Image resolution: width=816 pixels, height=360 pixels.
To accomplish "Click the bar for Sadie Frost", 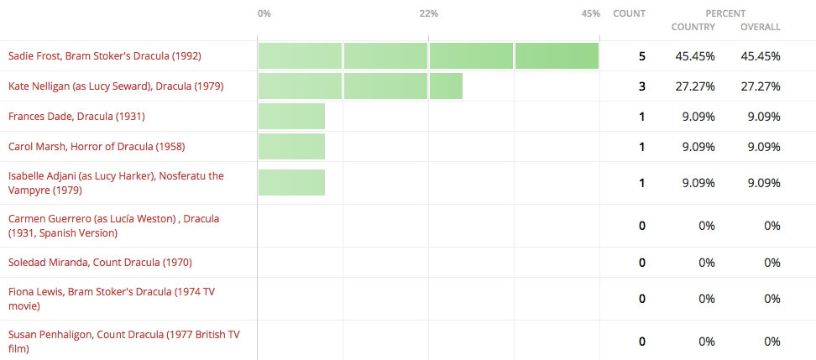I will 428,56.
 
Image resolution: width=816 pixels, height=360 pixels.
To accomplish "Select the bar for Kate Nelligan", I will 360,86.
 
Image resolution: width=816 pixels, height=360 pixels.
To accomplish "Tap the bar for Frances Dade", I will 291,117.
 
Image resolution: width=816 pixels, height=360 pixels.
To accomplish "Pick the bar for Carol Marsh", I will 291,147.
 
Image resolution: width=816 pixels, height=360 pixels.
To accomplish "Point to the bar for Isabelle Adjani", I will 291,182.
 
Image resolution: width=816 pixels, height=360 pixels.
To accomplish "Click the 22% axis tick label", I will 428,13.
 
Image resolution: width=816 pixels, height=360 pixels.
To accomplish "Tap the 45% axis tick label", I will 590,13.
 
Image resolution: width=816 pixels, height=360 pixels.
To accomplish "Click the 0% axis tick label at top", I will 264,13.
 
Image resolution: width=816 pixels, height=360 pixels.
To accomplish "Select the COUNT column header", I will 629,13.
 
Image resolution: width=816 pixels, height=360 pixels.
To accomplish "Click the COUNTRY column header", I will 693,27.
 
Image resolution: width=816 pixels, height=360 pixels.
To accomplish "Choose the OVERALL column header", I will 761,27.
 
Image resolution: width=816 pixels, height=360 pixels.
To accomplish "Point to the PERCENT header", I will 725,13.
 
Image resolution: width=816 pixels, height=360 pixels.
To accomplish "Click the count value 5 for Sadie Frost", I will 641,56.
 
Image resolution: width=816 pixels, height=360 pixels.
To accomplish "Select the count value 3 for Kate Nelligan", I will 641,86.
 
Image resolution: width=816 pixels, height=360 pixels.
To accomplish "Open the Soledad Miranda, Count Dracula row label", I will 100,263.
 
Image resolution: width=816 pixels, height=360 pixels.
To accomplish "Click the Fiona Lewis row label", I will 112,298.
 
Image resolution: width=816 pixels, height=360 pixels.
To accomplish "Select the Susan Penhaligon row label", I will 123,341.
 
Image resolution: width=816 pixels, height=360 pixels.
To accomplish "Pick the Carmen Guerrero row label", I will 113,225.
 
